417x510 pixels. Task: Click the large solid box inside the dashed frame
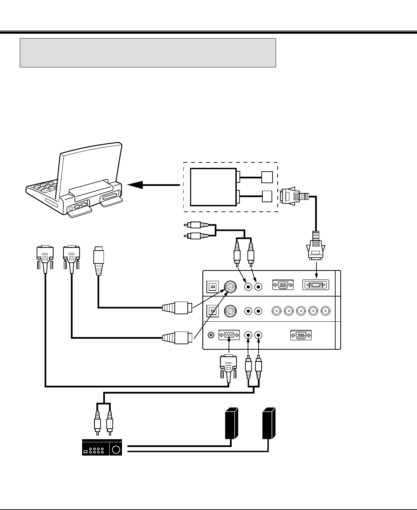213,187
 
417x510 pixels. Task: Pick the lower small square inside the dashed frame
267,196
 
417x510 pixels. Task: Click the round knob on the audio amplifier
116,449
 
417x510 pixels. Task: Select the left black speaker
231,423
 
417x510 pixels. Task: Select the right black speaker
269,423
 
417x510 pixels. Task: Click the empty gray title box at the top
148,53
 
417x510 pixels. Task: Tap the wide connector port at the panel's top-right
316,285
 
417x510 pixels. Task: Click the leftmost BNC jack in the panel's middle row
276,310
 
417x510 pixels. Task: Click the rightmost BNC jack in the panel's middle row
325,310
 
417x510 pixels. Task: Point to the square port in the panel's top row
212,287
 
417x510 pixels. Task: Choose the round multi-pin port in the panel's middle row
230,311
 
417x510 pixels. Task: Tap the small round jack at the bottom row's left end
211,335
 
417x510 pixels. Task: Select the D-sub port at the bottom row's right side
301,335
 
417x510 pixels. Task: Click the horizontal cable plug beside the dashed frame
293,196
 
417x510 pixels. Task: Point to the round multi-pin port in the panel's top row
230,287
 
